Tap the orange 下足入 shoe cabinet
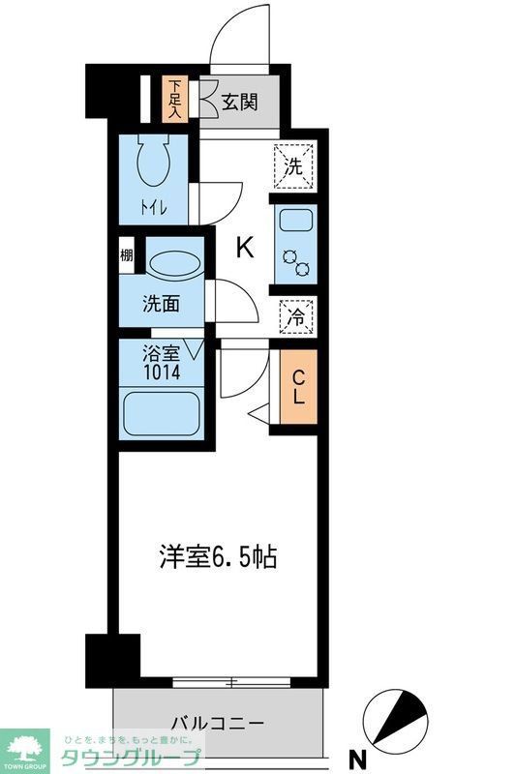click(x=174, y=99)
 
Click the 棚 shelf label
click(x=127, y=256)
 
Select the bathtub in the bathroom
click(x=162, y=413)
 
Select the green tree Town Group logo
click(x=26, y=746)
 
